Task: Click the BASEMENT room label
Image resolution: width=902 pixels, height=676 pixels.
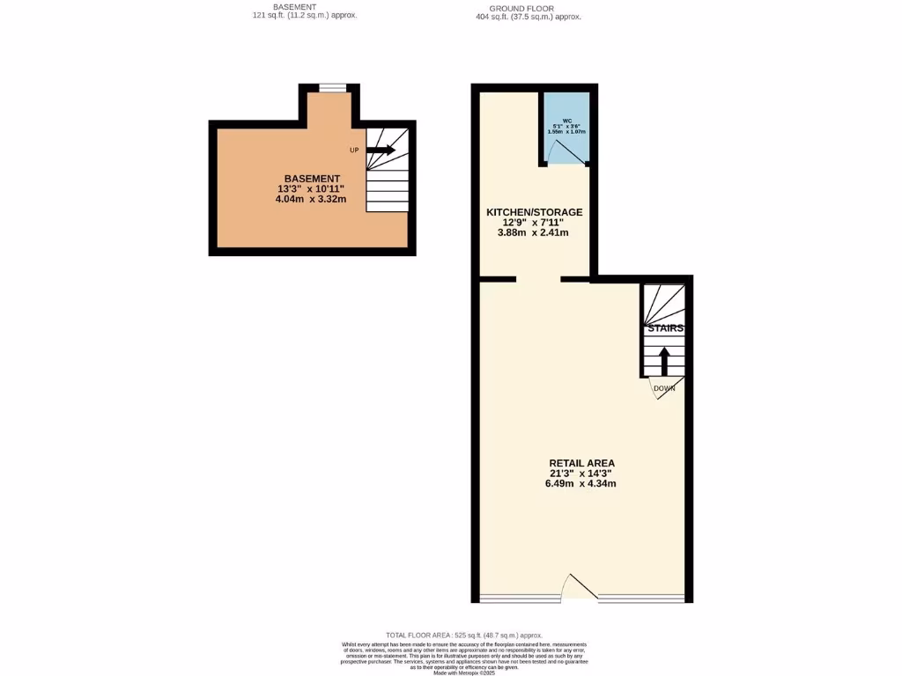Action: (312, 179)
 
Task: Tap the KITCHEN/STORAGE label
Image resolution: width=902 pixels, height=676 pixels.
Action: (535, 212)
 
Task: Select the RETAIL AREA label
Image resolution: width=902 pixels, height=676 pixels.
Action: (581, 463)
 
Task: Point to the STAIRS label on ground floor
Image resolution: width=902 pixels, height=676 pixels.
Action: (665, 328)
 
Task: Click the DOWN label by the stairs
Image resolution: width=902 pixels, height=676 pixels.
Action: (664, 387)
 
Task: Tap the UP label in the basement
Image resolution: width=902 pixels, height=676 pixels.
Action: (354, 151)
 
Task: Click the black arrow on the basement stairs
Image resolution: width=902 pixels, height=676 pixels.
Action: (381, 151)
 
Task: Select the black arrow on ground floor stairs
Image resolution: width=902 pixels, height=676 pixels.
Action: (664, 361)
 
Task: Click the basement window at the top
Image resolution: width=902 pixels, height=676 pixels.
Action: (333, 86)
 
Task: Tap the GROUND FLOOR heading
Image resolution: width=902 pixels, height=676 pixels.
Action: (528, 7)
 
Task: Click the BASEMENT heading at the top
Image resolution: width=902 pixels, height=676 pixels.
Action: (294, 7)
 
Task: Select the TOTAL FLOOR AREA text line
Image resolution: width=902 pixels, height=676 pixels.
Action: (464, 635)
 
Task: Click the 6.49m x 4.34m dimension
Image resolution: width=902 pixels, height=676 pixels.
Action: (580, 483)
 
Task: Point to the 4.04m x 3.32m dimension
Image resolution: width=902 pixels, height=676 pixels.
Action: (311, 199)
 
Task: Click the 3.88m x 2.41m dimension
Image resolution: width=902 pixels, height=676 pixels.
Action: (534, 232)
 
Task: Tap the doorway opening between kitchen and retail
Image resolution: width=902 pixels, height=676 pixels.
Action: (538, 280)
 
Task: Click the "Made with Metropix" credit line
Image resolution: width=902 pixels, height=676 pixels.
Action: (464, 672)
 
